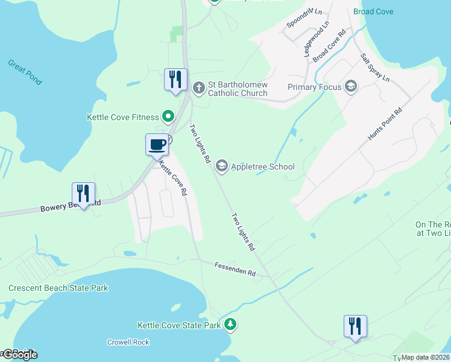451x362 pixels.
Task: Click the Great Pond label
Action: [x=25, y=71]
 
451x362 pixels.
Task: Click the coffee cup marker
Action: [x=157, y=145]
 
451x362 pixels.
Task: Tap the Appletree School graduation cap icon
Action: [x=221, y=167]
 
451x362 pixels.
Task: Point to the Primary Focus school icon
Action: [x=350, y=87]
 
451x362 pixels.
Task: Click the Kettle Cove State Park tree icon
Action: [x=230, y=325]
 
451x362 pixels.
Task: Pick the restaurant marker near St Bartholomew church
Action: [x=175, y=79]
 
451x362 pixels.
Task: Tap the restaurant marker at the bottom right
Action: [x=355, y=326]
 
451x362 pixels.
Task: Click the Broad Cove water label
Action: [x=373, y=11]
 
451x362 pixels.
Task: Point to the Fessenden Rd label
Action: [x=235, y=269]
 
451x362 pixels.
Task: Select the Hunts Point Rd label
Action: [x=385, y=125]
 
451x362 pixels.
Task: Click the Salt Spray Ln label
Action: [x=375, y=68]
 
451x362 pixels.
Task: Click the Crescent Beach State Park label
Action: [x=58, y=288]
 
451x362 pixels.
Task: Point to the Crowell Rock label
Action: [x=128, y=342]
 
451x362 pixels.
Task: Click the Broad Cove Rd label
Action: [x=329, y=43]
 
